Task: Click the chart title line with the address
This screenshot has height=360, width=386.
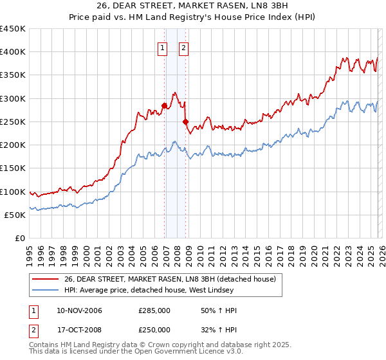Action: pos(192,7)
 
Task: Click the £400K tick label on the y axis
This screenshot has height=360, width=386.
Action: pos(13,52)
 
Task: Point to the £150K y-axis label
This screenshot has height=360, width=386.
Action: pos(13,168)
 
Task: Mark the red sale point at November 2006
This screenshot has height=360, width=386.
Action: pos(165,105)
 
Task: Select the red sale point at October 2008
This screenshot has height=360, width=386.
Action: pos(186,122)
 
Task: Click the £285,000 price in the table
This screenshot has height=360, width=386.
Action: pos(154,310)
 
